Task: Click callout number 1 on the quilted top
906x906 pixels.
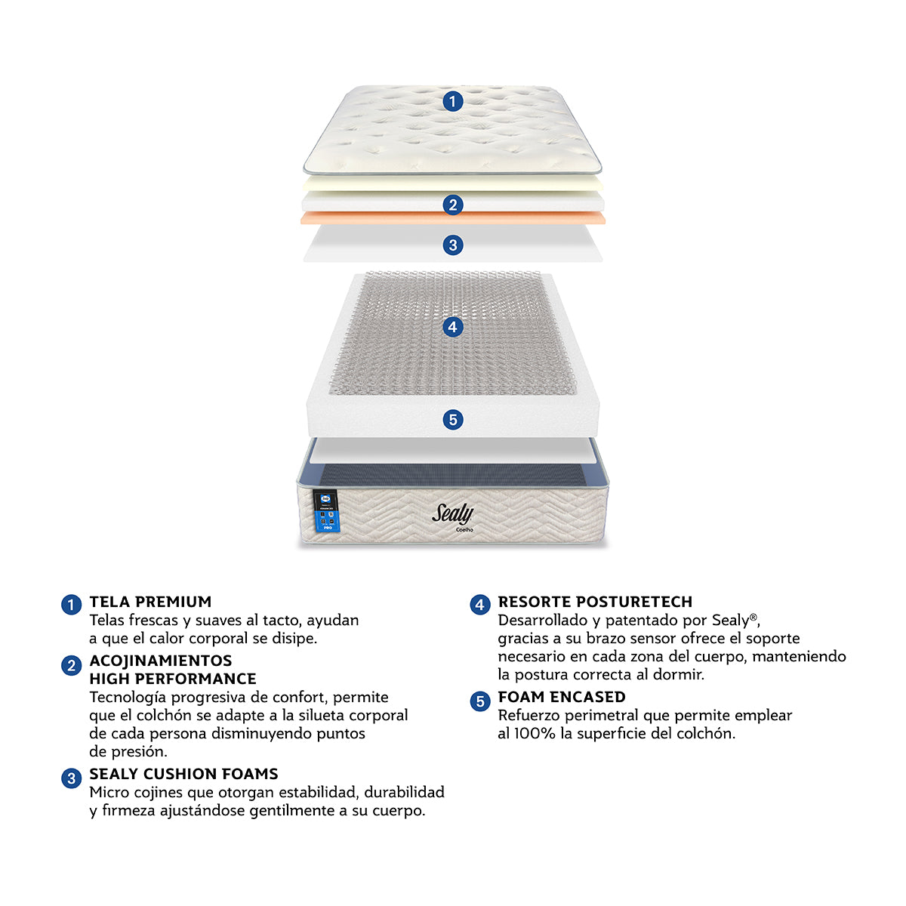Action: coord(452,101)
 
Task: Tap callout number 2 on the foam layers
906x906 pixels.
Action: coord(452,205)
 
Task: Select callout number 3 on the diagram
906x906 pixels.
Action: coord(452,245)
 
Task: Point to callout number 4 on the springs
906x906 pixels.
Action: coord(452,326)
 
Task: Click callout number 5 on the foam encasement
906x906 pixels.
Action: coord(452,419)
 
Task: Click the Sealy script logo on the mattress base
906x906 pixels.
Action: coord(452,514)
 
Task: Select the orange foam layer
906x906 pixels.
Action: coord(452,217)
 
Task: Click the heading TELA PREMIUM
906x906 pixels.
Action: coord(150,602)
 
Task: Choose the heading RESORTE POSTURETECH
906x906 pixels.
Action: coord(595,602)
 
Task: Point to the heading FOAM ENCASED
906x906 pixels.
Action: coord(562,697)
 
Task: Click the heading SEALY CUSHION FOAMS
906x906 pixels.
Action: coord(183,774)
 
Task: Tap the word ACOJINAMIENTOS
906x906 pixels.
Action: coord(161,661)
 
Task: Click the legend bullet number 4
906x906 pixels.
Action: coord(479,605)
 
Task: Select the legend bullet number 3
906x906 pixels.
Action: coord(72,778)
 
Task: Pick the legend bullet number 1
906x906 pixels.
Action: coord(72,605)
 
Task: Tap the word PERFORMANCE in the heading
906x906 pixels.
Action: coord(196,679)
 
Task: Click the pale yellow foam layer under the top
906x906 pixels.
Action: coord(452,183)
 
